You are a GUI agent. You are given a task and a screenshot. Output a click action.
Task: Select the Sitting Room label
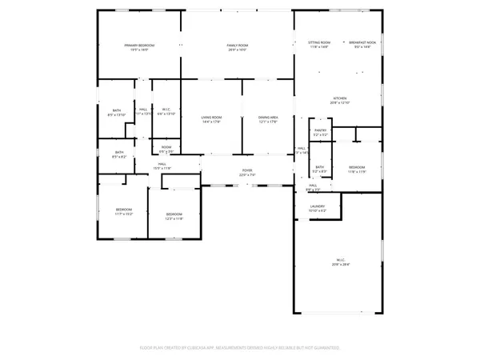point(320,42)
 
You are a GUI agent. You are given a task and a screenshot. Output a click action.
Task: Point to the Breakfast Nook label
point(362,42)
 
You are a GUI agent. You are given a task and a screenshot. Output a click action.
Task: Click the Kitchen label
point(341,99)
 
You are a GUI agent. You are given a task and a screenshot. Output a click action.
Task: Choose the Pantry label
point(320,132)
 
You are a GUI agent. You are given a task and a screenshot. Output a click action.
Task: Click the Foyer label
point(247,170)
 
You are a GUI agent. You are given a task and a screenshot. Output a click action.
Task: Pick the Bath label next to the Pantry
point(318,167)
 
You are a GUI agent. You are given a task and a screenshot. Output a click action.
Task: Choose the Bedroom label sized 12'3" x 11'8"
point(174,213)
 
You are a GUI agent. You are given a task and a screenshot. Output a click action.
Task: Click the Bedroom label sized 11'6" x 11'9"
point(356,166)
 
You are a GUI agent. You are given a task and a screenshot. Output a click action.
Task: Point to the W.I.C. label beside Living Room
point(166,110)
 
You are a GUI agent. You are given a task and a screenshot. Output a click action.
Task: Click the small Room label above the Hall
point(166,147)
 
